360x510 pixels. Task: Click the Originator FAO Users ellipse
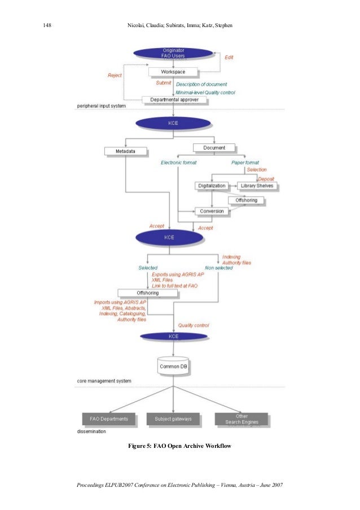pos(173,53)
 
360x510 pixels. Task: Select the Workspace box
pos(173,72)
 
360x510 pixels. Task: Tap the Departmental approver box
pos(174,100)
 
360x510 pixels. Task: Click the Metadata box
pos(125,151)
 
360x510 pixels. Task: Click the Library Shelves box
pos(257,185)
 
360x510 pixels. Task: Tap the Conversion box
pos(212,211)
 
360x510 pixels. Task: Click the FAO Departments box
pos(109,419)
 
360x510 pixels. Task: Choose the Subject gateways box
pos(173,419)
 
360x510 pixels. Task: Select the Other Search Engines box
pos(241,419)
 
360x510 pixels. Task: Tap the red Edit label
pos(229,58)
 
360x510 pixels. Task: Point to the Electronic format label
pos(179,163)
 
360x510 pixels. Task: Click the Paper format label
pos(245,163)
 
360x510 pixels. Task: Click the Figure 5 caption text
pos(179,447)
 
